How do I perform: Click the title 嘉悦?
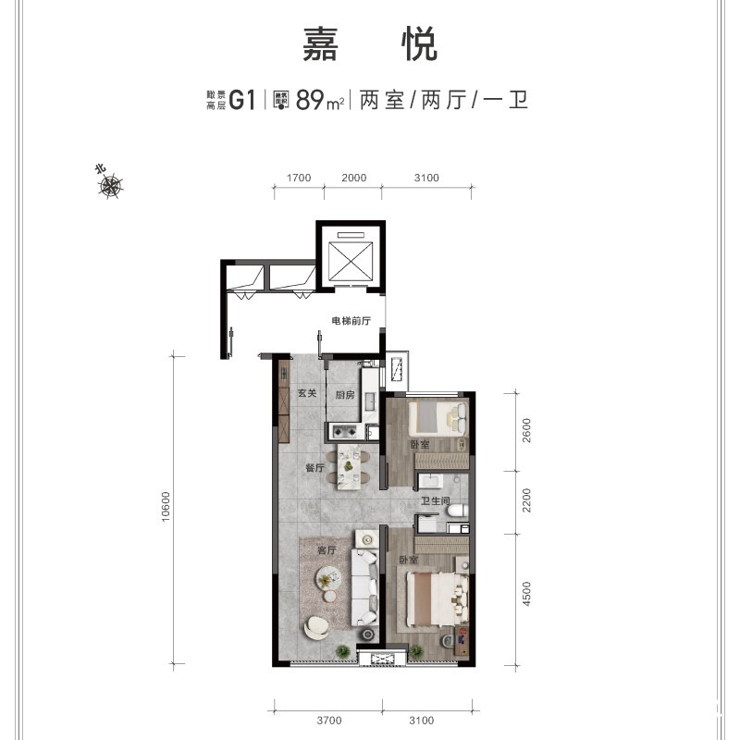370,44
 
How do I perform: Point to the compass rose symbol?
111,187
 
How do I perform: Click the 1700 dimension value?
298,179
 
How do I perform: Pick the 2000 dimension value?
353,179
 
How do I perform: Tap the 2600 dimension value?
527,431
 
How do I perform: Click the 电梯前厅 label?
351,322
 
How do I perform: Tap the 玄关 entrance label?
307,394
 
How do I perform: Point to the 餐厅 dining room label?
314,469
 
